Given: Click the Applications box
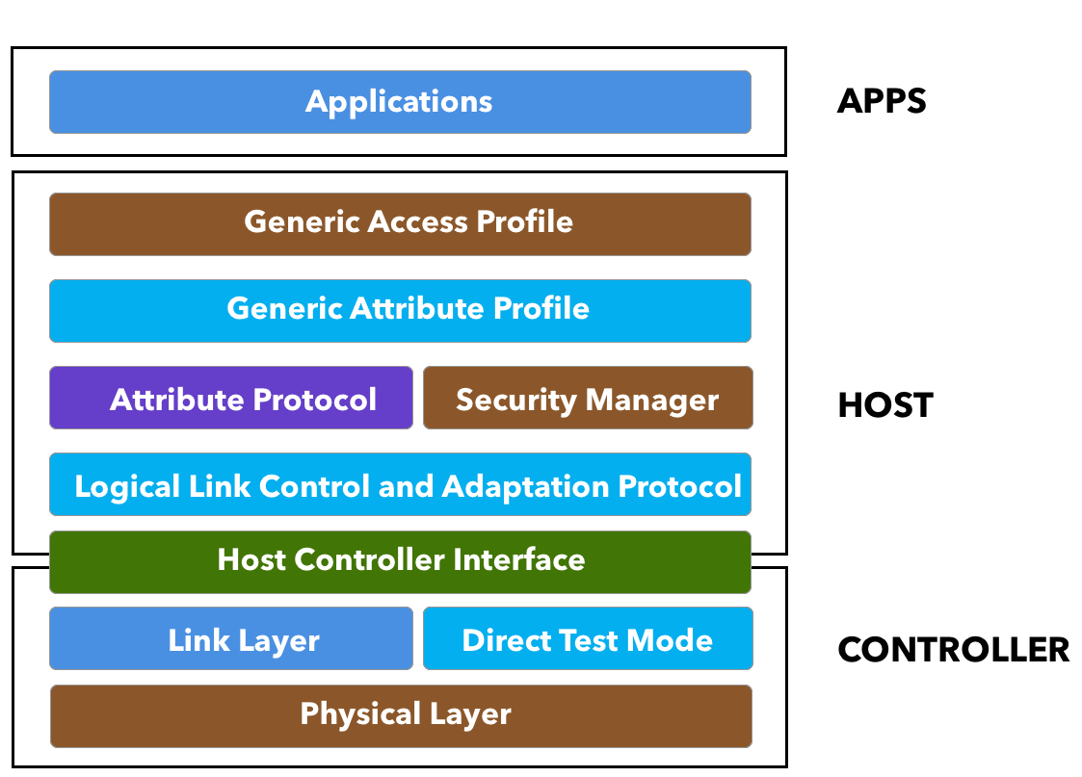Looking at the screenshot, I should [x=400, y=102].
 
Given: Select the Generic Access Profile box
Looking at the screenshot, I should [x=400, y=223].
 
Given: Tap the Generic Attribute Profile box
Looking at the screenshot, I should [x=400, y=310].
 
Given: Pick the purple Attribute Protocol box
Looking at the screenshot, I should [x=231, y=398].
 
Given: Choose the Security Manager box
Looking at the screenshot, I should [x=588, y=398].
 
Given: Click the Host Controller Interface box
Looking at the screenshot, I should [x=400, y=561].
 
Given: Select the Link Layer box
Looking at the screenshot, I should [x=231, y=639].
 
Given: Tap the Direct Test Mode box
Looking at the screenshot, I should [x=588, y=639].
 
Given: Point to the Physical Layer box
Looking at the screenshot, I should [x=401, y=715].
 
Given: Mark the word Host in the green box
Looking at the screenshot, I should [x=251, y=559].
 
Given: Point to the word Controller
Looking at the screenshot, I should [x=370, y=559].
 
